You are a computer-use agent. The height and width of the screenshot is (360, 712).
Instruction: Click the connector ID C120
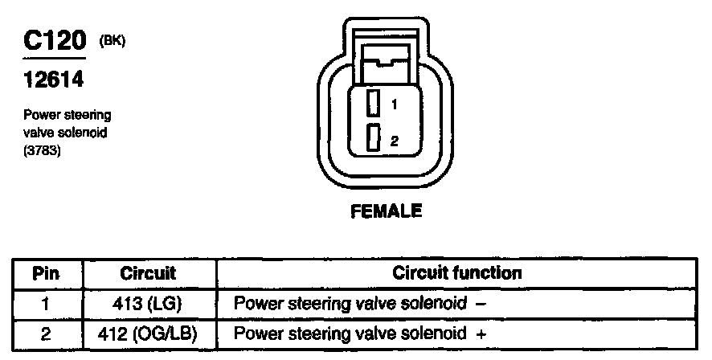click(53, 42)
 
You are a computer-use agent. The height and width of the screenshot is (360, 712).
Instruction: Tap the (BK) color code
click(112, 39)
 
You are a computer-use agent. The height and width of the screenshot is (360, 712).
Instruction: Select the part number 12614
click(52, 80)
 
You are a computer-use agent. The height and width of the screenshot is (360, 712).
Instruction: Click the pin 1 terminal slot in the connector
click(373, 104)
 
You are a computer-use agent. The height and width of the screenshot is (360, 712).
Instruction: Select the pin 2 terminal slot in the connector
click(373, 138)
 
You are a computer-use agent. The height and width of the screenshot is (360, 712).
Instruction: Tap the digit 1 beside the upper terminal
click(395, 104)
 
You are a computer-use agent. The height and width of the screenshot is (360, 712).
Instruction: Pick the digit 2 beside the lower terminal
click(395, 141)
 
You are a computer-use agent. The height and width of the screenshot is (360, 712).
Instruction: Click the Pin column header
click(46, 273)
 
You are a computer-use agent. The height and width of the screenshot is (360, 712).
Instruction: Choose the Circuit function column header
click(456, 273)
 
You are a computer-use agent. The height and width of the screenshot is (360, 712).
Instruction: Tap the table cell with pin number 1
click(46, 304)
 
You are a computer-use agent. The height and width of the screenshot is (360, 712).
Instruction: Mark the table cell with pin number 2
click(46, 333)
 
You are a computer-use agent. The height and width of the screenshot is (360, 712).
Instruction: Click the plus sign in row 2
click(481, 333)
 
